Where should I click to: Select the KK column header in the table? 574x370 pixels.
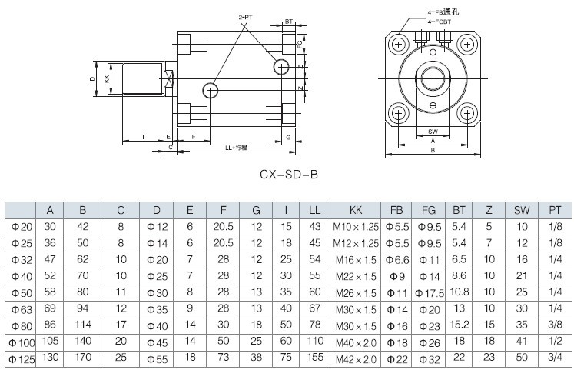[356, 210]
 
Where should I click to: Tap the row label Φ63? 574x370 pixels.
[22, 308]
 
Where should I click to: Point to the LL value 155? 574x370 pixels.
[314, 358]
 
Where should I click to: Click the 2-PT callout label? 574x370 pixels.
[245, 16]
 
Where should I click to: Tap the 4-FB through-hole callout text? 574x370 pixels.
[446, 12]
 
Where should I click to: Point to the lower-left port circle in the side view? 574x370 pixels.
[211, 91]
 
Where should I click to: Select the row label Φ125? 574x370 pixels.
[22, 358]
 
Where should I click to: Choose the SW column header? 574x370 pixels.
[522, 210]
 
